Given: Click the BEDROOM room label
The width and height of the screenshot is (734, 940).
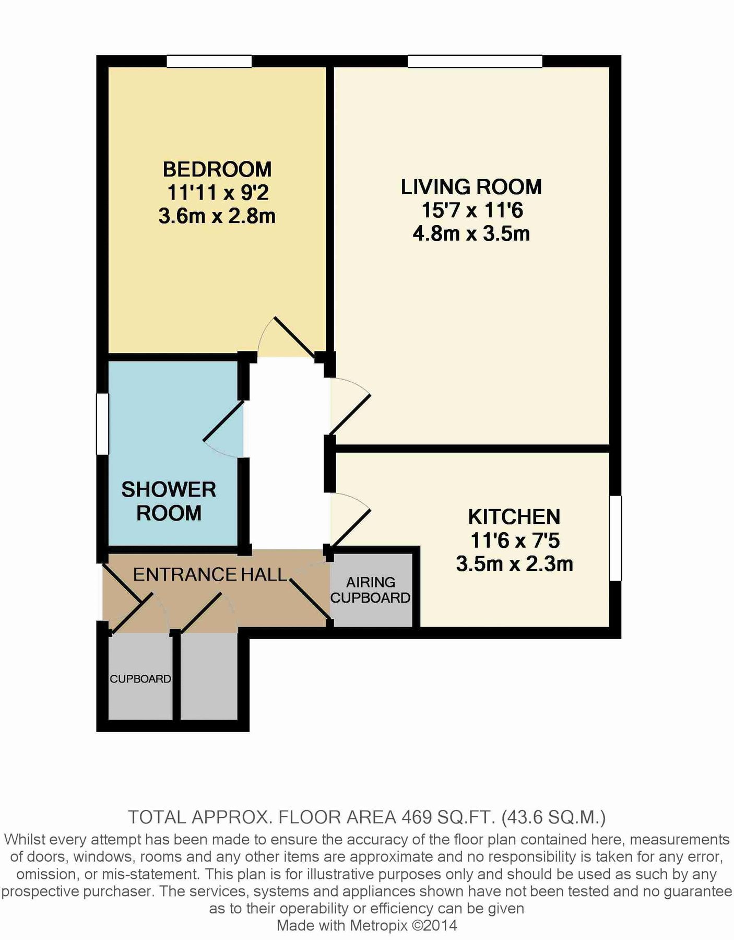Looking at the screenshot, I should [x=217, y=169].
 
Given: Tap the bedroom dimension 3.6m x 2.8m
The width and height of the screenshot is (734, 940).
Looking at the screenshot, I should [x=217, y=216].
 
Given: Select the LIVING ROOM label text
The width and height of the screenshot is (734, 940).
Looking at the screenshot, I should [x=471, y=187].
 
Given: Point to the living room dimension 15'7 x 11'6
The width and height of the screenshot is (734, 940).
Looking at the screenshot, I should [x=471, y=210].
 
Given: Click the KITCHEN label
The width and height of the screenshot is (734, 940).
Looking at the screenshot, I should [x=514, y=516].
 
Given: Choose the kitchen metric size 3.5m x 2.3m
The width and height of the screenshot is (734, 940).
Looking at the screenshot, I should [x=514, y=564].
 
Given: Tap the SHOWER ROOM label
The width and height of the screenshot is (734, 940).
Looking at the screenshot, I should [x=169, y=501].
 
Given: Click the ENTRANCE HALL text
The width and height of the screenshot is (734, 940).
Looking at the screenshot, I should [x=210, y=574].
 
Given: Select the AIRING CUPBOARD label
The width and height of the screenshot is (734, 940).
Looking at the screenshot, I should [x=370, y=590].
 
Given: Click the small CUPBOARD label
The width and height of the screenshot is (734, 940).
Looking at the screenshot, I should [x=140, y=678].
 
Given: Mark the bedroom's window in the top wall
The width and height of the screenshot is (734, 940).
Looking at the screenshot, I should [x=209, y=62].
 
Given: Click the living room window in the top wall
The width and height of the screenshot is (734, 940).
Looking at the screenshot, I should [x=475, y=62].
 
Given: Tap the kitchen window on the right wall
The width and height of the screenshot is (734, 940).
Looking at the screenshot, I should [x=615, y=538].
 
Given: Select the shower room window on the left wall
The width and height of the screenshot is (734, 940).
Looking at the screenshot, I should [x=102, y=424].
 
